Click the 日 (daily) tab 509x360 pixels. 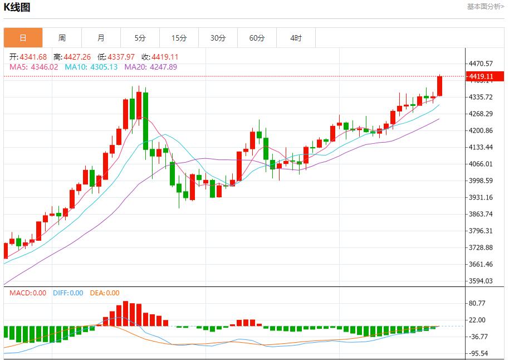coord(23,38)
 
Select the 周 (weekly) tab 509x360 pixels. coord(62,38)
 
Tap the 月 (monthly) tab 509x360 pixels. coord(101,38)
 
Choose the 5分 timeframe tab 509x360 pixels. coord(140,38)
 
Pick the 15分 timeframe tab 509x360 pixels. coord(179,38)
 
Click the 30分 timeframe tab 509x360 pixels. coord(218,38)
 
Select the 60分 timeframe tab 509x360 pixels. coord(257,38)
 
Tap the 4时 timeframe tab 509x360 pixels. coord(296,38)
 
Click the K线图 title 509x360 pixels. coord(17,7)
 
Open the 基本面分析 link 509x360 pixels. coord(485,7)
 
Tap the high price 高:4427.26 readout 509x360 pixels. coord(72,57)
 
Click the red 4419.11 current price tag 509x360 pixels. coord(481,76)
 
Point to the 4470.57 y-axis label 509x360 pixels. coord(481,64)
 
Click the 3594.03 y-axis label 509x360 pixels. coord(481,281)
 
